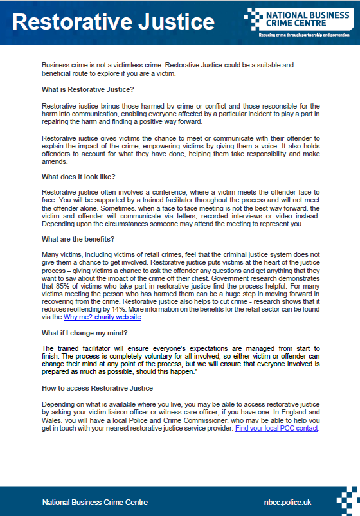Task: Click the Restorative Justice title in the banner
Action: [113, 22]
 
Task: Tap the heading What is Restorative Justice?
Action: [87, 89]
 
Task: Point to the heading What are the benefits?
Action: [78, 239]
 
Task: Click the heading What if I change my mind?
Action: [85, 332]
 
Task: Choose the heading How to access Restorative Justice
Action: [97, 388]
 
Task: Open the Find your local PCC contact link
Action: [276, 427]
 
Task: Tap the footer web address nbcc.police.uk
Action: [293, 502]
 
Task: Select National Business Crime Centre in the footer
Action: [95, 502]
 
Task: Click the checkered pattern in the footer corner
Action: [346, 501]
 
